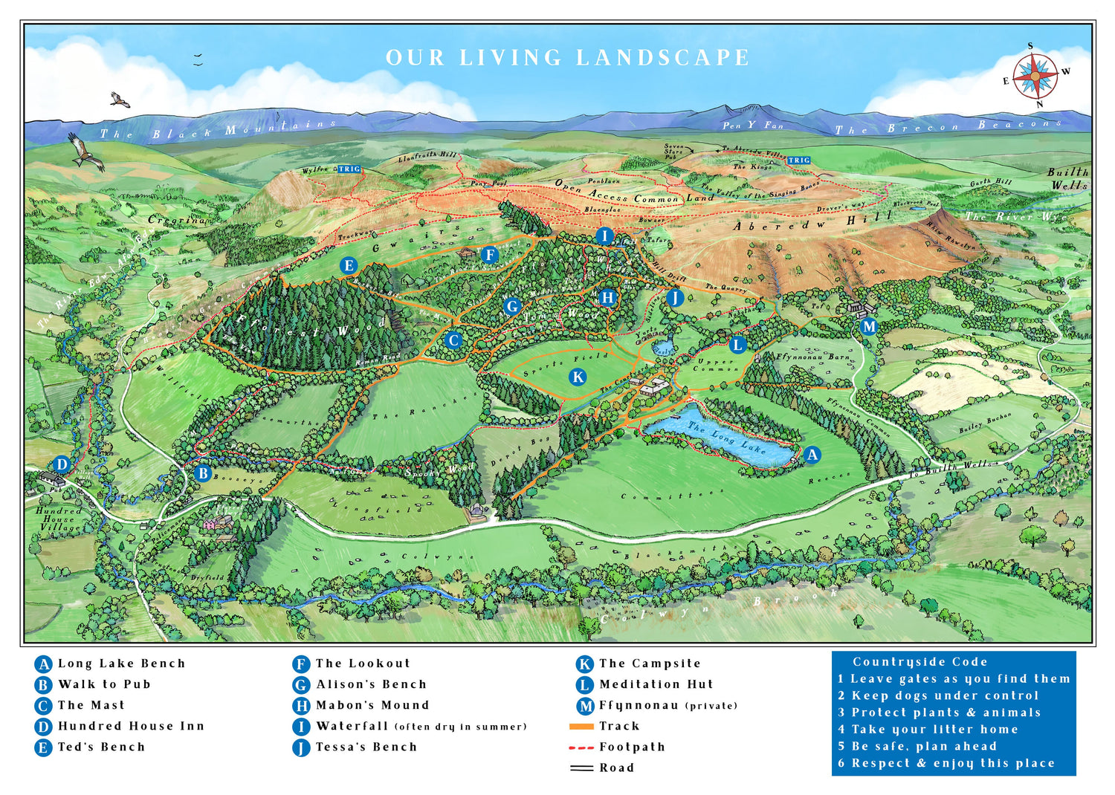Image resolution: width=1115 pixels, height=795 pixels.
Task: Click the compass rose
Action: pyautogui.click(x=1035, y=76)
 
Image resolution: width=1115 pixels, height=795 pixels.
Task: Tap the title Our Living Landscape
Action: pyautogui.click(x=567, y=58)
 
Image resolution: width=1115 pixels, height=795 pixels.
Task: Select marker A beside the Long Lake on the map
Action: pyautogui.click(x=812, y=455)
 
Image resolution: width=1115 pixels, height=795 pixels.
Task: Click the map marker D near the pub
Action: pyautogui.click(x=62, y=465)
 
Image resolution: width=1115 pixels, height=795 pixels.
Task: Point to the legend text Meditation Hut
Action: pyautogui.click(x=656, y=684)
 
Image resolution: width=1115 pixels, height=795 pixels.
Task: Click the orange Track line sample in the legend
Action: pyautogui.click(x=581, y=727)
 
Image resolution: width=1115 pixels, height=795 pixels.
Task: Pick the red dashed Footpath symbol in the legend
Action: pyautogui.click(x=581, y=747)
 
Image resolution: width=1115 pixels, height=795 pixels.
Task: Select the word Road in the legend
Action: pyautogui.click(x=617, y=768)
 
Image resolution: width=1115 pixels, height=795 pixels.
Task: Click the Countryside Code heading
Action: pyautogui.click(x=920, y=661)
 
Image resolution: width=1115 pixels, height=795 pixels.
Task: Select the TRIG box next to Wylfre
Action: pyautogui.click(x=349, y=169)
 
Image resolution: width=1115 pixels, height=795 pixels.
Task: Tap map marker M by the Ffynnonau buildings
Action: pyautogui.click(x=868, y=326)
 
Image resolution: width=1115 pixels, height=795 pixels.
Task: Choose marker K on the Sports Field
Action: pyautogui.click(x=578, y=377)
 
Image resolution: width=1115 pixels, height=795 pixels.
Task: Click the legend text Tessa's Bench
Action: pyautogui.click(x=366, y=747)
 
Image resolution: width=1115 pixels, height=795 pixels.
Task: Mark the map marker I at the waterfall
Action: pyautogui.click(x=604, y=236)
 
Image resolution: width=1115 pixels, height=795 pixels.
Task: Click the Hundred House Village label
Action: pyautogui.click(x=58, y=519)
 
